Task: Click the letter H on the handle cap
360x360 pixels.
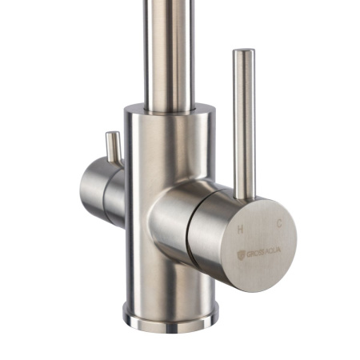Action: point(241,228)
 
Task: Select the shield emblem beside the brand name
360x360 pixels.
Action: point(242,254)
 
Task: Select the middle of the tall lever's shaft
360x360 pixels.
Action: point(243,120)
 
